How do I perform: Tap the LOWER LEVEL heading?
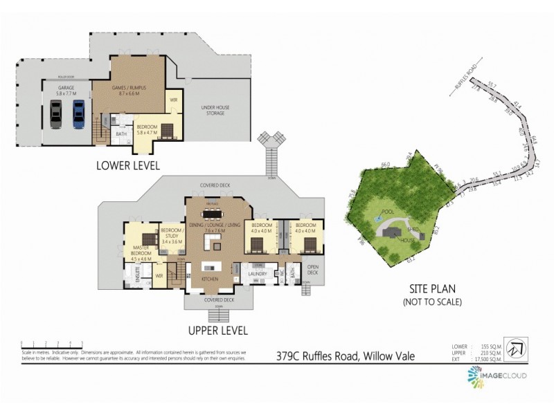point(128,165)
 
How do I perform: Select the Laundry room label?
point(258,274)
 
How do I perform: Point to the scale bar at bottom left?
point(52,344)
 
